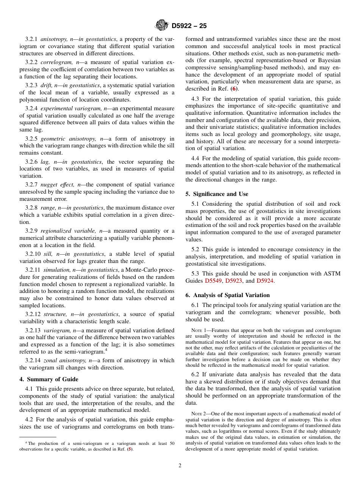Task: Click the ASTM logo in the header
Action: click(162, 26)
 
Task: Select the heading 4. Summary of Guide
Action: click(49, 379)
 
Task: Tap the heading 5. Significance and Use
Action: click(217, 194)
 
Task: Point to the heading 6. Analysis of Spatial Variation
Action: click(227, 295)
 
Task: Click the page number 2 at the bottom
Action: click(180, 466)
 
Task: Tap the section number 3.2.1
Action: click(31, 39)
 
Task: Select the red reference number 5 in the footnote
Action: click(130, 449)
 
